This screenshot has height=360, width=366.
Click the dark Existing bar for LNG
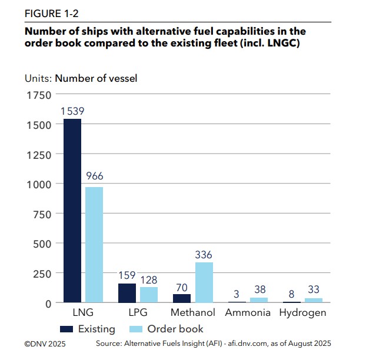tap(72, 211)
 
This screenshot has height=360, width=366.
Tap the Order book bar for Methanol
tap(204, 282)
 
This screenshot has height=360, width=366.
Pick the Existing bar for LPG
tap(127, 293)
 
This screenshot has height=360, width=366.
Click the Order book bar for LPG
tap(149, 295)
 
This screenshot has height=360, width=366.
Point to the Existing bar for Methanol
tap(182, 298)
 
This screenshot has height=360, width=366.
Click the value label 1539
tap(72, 111)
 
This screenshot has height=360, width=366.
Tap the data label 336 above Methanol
tap(204, 255)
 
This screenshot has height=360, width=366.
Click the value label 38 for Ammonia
tap(259, 289)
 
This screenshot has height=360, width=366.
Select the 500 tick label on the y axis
tap(41, 244)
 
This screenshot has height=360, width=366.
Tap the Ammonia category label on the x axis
tap(248, 312)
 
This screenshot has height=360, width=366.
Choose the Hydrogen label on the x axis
tap(302, 312)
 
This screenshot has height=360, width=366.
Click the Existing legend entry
tap(88, 329)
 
